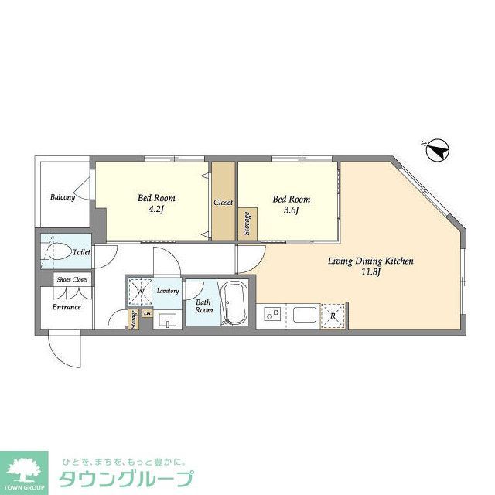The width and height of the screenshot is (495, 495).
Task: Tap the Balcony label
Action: pos(63,197)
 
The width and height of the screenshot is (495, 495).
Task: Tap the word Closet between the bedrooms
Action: pos(223,203)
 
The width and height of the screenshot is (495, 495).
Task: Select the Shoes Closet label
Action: pos(71,279)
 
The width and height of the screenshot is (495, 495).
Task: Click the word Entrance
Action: pos(67,307)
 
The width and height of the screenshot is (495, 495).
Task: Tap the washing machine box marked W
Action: pos(141,292)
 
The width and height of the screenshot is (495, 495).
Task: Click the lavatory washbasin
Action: pos(166,319)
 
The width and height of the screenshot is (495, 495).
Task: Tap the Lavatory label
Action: pos(168,291)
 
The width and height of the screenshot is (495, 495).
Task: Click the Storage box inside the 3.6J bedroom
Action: pos(247,224)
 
